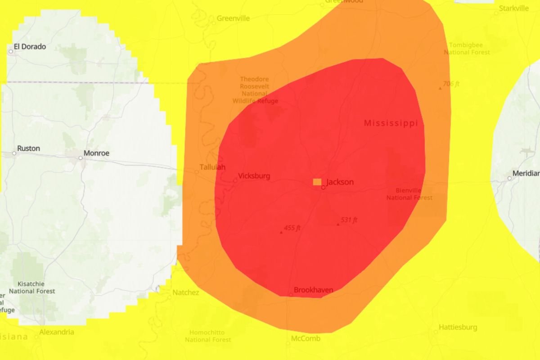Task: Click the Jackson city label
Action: click(340, 182)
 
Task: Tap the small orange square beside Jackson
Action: click(317, 182)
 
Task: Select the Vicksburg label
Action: click(254, 176)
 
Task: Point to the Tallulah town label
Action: click(212, 167)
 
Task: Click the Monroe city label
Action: click(97, 153)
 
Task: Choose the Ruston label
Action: click(28, 148)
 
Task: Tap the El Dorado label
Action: click(30, 46)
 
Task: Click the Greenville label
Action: click(233, 18)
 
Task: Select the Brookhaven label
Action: click(313, 290)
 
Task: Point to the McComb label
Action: click(306, 338)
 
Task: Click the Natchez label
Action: click(186, 293)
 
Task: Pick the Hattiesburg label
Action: click(458, 327)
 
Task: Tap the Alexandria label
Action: click(57, 332)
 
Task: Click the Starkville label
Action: click(514, 8)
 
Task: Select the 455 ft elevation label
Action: click(292, 228)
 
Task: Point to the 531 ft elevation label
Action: click(349, 220)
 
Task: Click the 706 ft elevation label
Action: click(451, 84)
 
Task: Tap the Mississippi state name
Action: click(391, 123)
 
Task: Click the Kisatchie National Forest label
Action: click(32, 288)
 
